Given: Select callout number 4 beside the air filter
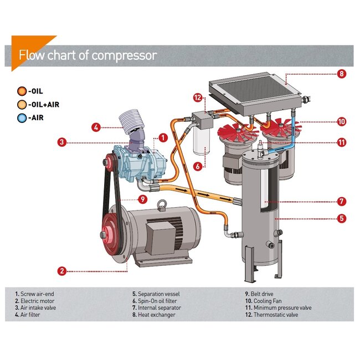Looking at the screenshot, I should [x=96, y=127].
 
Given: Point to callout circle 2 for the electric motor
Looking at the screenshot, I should [x=63, y=271].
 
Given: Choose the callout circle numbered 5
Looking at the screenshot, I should [x=342, y=218].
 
